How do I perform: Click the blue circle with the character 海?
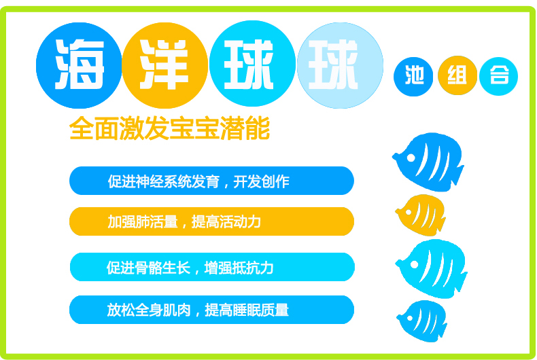click(x=79, y=65)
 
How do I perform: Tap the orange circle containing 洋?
click(x=164, y=65)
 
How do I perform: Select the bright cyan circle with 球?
click(x=252, y=64)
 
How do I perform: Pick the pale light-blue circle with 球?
click(x=340, y=65)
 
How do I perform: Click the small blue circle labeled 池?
click(x=413, y=77)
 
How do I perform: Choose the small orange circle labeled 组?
click(x=457, y=75)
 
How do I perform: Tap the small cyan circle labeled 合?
click(x=499, y=76)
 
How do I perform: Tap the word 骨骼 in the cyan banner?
click(x=148, y=268)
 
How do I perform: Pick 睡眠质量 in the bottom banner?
click(x=261, y=310)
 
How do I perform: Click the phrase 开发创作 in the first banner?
click(x=261, y=181)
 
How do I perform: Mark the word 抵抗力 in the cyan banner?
click(x=252, y=268)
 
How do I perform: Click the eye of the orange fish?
click(x=409, y=212)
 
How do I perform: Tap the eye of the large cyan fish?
click(x=414, y=264)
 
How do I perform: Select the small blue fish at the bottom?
click(x=422, y=321)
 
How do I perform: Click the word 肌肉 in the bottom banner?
click(x=176, y=310)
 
